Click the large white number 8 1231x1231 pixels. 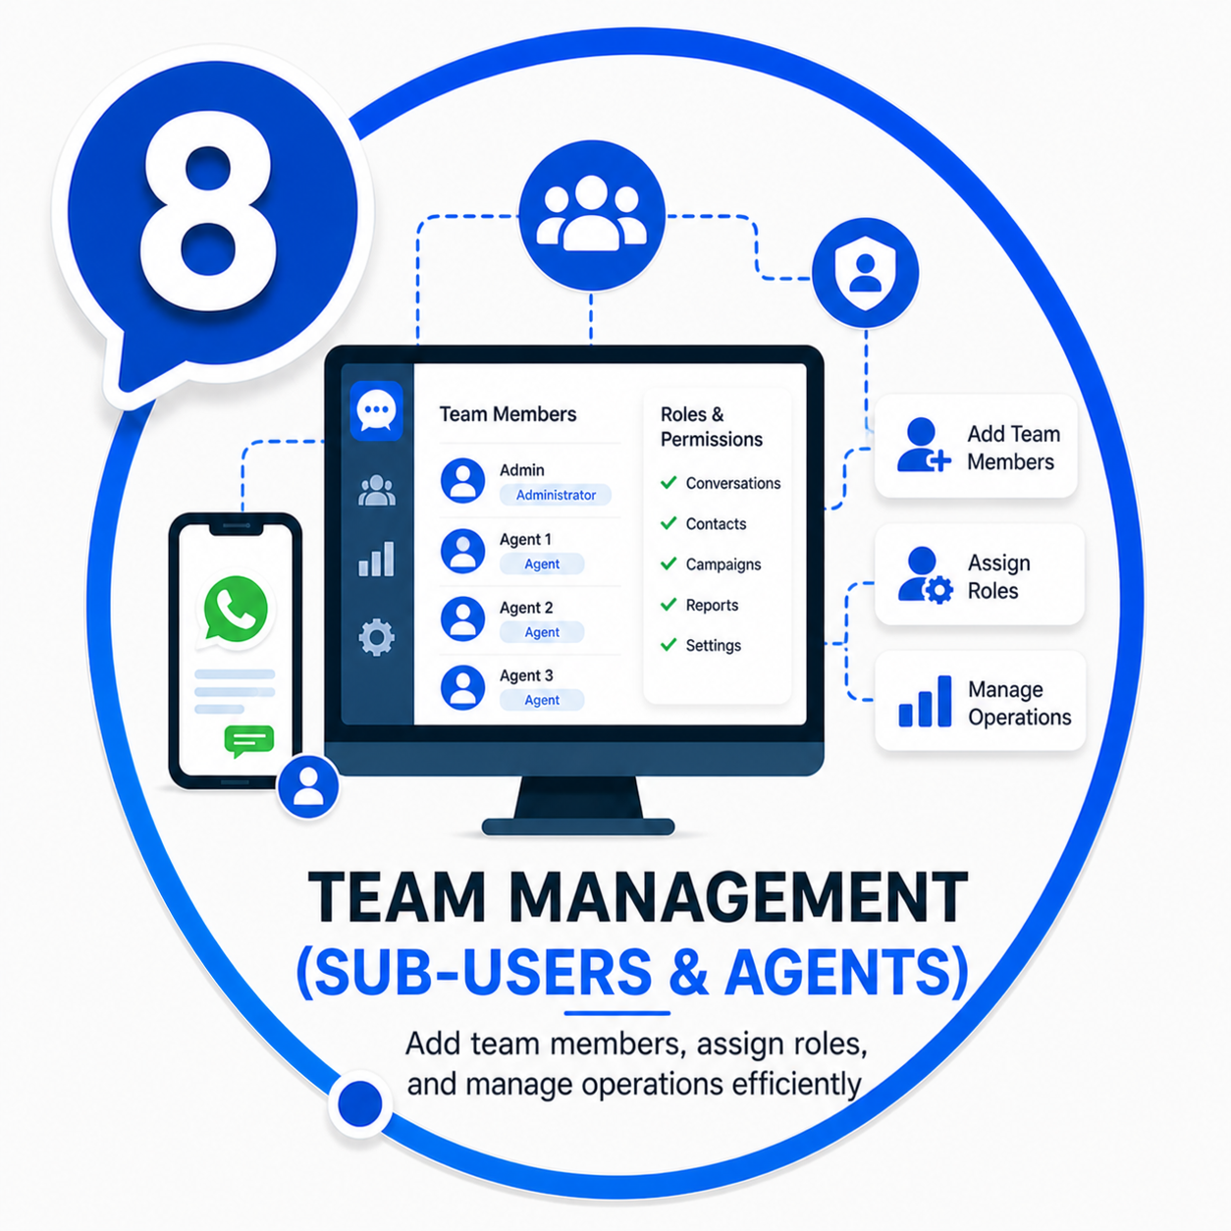[209, 211]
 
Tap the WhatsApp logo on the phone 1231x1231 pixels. [235, 609]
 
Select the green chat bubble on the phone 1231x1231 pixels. [248, 740]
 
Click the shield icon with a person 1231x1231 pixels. [866, 273]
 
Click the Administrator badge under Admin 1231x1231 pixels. [556, 495]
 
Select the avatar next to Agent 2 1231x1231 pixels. [462, 618]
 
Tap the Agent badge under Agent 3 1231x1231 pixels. [542, 700]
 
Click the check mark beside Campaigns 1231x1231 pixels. [669, 563]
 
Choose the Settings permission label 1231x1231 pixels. [713, 645]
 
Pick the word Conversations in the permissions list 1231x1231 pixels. [732, 483]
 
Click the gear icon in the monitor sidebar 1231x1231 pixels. [376, 637]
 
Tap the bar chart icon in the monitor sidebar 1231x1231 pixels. [376, 559]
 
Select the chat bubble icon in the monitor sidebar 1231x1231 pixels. [376, 410]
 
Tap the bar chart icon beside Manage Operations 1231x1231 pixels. [925, 701]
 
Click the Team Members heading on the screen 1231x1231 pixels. [508, 414]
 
